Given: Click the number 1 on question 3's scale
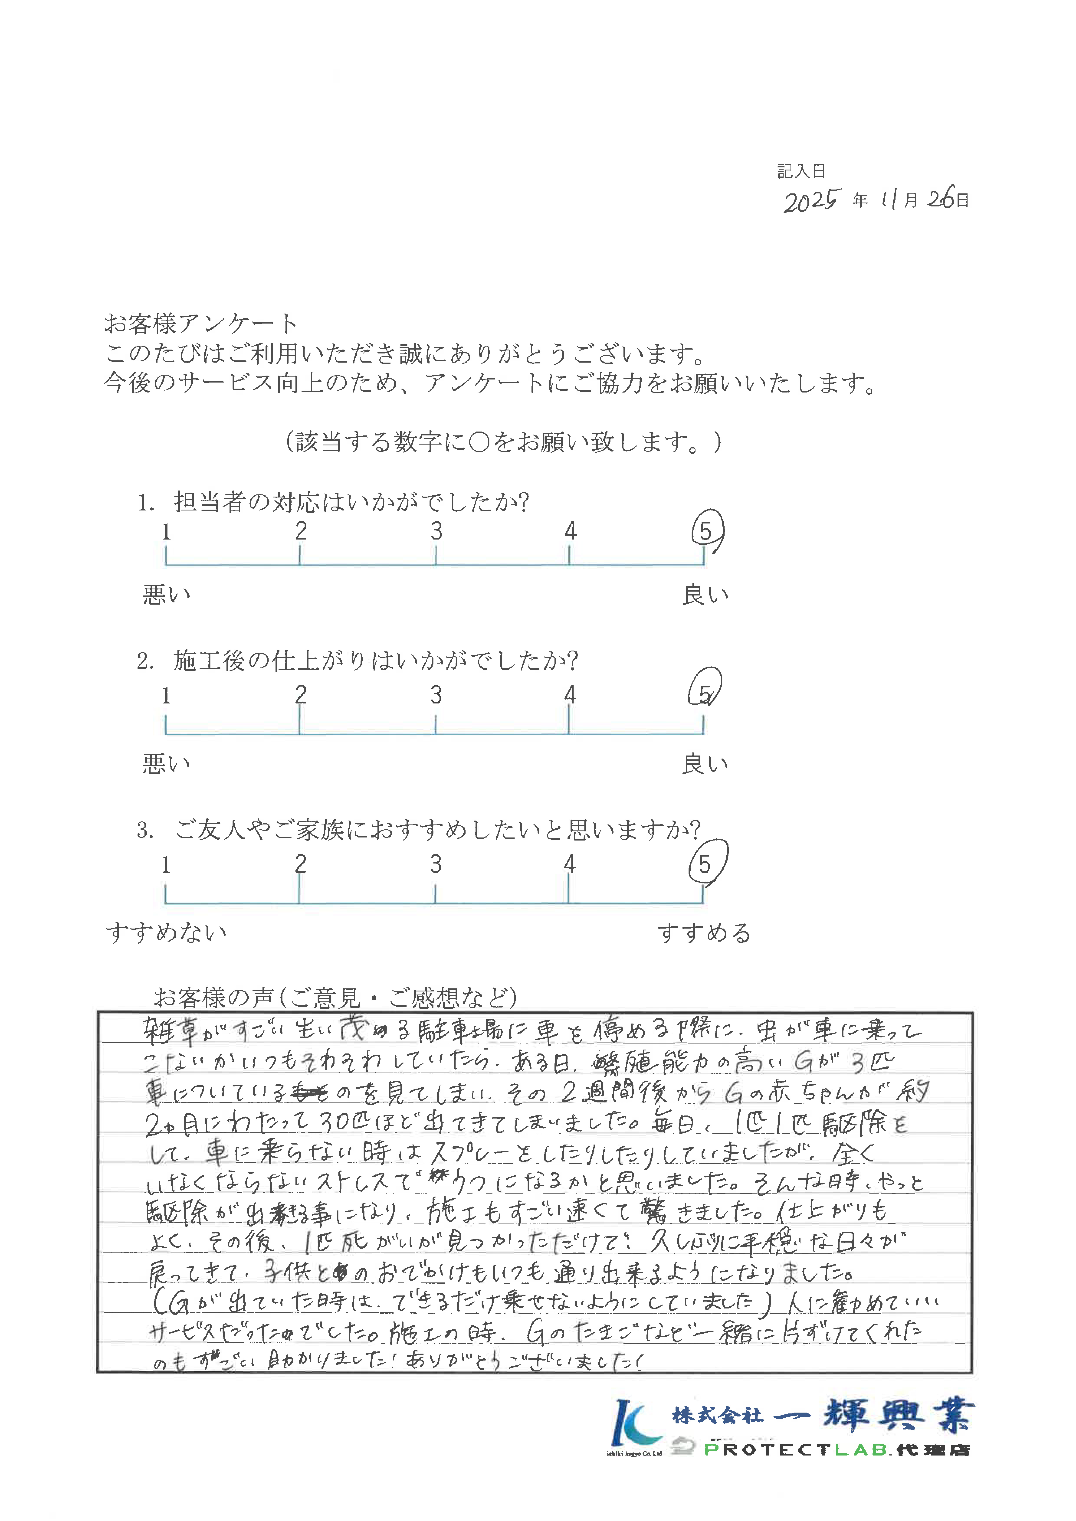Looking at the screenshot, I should coord(166,865).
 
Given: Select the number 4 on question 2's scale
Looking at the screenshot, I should coord(570,695).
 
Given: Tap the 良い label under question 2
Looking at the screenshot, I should coord(705,764).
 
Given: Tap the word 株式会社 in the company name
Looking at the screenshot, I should coord(717,1416).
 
